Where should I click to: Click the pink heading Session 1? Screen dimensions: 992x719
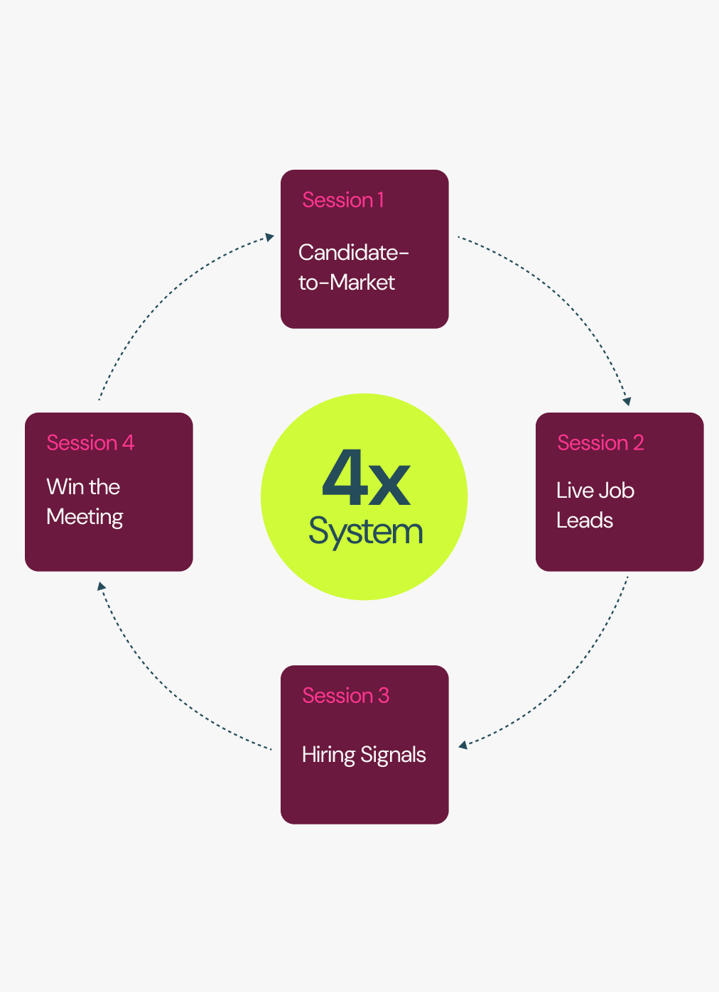(343, 200)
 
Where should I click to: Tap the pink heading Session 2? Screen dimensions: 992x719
(600, 443)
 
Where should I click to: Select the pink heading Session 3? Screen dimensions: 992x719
(345, 696)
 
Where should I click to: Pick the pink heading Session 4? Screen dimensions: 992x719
(90, 443)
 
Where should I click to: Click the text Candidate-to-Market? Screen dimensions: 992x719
(352, 267)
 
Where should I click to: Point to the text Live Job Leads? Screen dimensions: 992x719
(595, 505)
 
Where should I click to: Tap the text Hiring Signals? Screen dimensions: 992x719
(364, 754)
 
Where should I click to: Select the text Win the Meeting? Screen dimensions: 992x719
(85, 501)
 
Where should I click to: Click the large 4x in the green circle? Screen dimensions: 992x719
(366, 479)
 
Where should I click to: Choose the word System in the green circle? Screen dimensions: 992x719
(366, 531)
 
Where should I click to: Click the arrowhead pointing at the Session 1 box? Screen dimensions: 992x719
(270, 237)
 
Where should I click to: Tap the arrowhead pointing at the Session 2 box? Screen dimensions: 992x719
(627, 401)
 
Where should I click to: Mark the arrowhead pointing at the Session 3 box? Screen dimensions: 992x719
(463, 745)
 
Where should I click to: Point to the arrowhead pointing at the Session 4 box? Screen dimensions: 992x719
(102, 587)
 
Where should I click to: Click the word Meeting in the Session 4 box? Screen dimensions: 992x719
(85, 517)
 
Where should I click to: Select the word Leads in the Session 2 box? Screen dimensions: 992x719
(584, 520)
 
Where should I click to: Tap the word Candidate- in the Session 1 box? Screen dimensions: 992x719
(353, 252)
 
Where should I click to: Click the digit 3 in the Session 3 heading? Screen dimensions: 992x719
(384, 696)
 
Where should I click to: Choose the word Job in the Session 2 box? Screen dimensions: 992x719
(615, 491)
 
